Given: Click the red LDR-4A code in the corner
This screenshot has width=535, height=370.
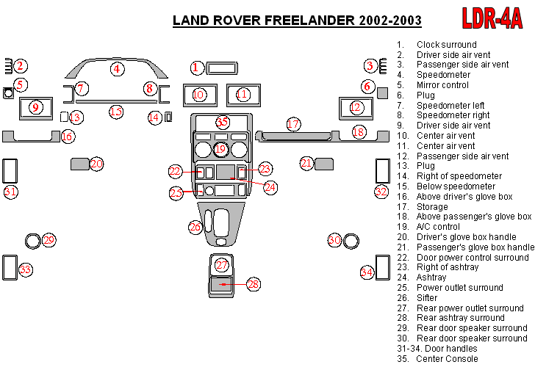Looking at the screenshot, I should click(x=492, y=18).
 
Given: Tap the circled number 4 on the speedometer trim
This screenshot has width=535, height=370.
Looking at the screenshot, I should click(x=116, y=69).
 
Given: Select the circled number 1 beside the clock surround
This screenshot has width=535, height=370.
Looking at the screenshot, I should click(x=195, y=68).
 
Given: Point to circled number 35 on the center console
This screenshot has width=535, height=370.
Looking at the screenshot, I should click(x=222, y=122).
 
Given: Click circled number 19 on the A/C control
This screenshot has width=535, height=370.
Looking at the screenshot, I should click(x=220, y=150).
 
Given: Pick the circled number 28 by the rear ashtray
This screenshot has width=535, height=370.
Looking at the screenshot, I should click(x=253, y=284).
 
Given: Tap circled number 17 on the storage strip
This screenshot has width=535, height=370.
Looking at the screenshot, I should click(x=293, y=124).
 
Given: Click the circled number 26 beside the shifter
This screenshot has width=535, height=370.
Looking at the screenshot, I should click(x=195, y=228).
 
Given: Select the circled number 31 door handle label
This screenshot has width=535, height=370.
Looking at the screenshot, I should click(x=10, y=192).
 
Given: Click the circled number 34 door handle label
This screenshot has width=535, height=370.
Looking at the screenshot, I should click(x=367, y=272).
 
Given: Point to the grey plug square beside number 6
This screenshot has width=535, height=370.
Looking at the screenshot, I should click(x=382, y=92).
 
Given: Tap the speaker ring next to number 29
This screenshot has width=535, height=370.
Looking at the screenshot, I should click(x=32, y=239).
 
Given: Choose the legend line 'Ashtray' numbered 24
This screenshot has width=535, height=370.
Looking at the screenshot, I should click(x=431, y=277).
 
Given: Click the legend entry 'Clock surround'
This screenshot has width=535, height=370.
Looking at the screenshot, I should click(x=446, y=45).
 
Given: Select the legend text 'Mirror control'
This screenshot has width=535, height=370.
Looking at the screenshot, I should click(x=442, y=85).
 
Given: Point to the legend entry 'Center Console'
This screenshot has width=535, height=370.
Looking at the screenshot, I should click(x=447, y=359).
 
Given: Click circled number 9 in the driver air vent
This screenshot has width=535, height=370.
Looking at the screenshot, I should click(x=35, y=108).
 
